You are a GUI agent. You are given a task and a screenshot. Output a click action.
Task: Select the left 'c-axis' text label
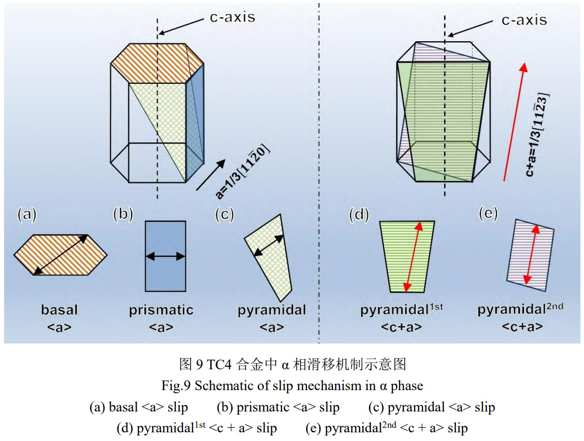(232, 16)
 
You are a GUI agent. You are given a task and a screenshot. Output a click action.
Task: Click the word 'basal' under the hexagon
(59, 309)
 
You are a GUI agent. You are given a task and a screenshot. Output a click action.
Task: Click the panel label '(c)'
(224, 215)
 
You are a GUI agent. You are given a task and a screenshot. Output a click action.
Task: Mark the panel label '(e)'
(488, 214)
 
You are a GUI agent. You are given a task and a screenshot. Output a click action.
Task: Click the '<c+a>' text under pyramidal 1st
(401, 327)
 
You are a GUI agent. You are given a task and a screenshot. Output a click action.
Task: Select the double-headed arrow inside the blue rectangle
(165, 257)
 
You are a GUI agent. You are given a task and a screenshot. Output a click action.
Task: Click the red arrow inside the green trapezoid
(413, 257)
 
